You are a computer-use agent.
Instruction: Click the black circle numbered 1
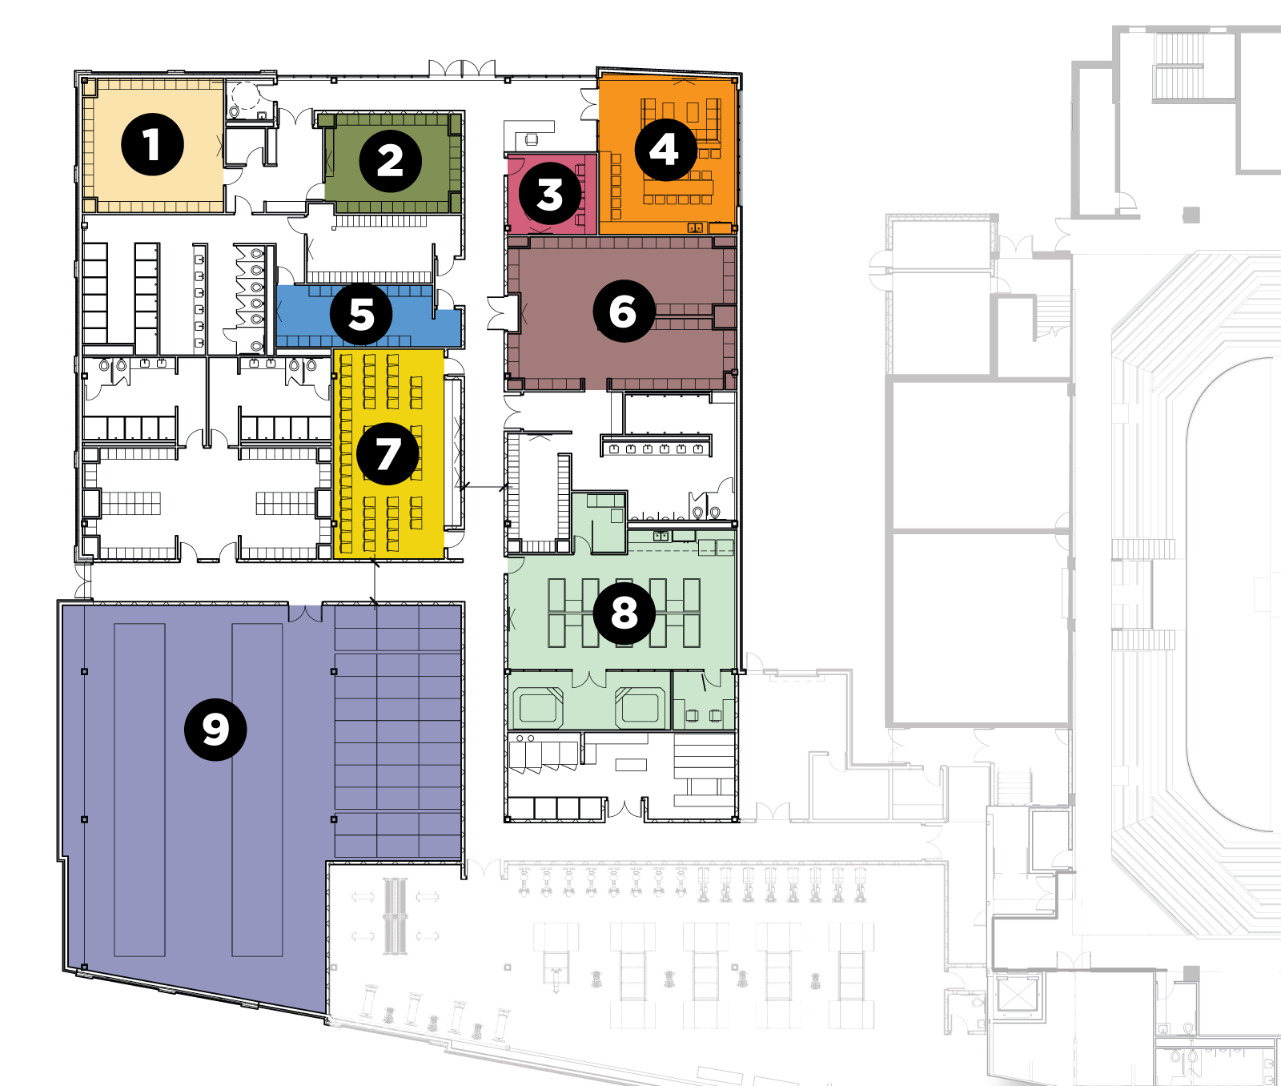click(x=152, y=145)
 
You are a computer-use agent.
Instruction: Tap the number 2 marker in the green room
click(x=390, y=161)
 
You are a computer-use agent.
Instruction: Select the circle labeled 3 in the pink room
click(x=550, y=195)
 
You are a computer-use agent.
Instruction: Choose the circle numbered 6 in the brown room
click(x=624, y=311)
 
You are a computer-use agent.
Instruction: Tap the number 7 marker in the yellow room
click(x=388, y=454)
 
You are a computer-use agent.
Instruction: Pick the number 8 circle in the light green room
click(x=624, y=613)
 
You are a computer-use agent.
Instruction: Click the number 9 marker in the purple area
click(x=215, y=729)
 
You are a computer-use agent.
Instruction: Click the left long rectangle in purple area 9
click(x=139, y=790)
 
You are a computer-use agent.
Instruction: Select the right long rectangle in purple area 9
click(x=257, y=790)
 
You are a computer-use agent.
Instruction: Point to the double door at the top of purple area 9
click(x=305, y=613)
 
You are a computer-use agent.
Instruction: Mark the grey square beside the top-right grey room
click(x=1191, y=215)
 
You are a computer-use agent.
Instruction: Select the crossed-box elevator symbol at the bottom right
click(x=1017, y=995)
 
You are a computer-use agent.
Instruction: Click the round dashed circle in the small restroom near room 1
click(x=246, y=97)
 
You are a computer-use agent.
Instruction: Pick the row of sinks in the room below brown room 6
click(x=656, y=447)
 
